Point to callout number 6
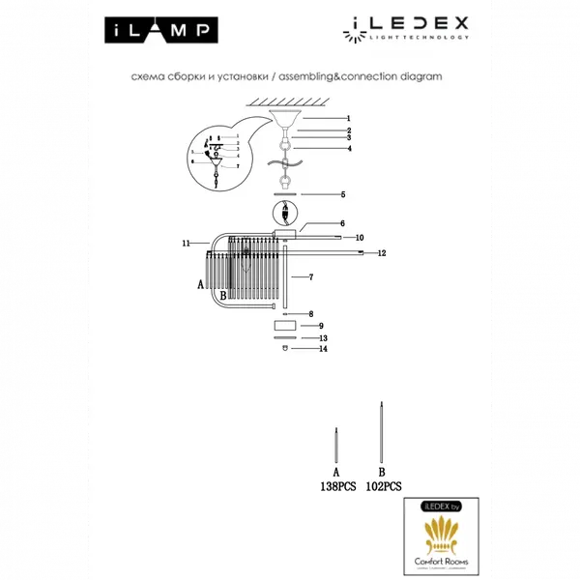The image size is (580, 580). click(x=315, y=223)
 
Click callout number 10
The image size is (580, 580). click(x=359, y=237)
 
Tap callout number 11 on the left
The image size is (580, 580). click(x=186, y=245)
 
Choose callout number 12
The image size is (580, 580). click(x=383, y=253)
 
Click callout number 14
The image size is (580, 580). click(x=325, y=349)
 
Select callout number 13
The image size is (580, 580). click(x=325, y=338)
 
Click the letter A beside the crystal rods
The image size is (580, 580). click(x=200, y=285)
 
